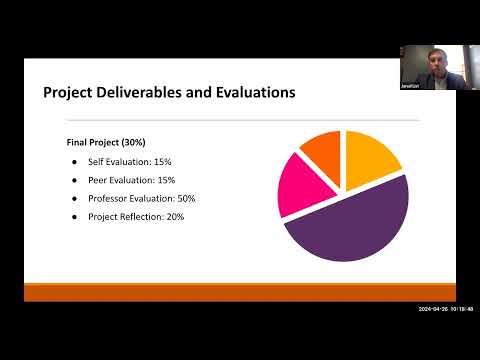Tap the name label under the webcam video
pos(409,86)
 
